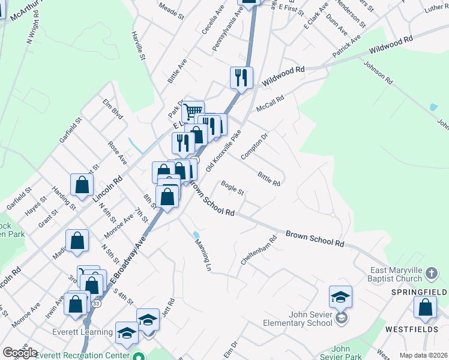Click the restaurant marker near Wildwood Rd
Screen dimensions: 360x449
coord(241,77)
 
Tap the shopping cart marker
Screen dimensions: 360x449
coord(193,111)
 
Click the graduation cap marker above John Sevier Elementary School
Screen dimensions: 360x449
coord(340,296)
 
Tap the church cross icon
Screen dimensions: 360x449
coord(432,274)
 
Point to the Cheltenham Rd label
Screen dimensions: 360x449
coord(265,247)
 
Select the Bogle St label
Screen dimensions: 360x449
coord(233,188)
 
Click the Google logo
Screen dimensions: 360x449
coord(20,353)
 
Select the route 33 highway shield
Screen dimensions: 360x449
coord(96,304)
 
